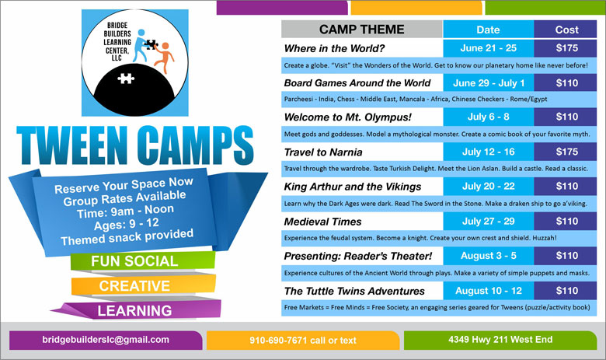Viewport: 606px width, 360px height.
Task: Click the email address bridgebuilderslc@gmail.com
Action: coord(106,340)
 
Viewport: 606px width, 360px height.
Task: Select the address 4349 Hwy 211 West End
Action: coord(500,340)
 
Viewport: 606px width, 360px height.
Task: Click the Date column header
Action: coord(488,30)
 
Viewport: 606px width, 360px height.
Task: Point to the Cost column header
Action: coord(566,30)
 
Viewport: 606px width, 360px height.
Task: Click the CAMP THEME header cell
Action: coord(362,30)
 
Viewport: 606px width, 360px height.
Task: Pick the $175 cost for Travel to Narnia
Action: coord(566,152)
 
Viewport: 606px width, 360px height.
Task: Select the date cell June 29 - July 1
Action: coord(489,82)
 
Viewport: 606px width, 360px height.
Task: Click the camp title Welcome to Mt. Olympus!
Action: coord(348,117)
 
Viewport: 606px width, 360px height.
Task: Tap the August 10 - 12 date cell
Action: coord(489,290)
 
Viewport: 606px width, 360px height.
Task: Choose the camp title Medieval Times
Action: coord(322,222)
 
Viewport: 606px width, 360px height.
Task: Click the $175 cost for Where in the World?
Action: coord(566,48)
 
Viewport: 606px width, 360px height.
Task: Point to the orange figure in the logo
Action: coord(164,58)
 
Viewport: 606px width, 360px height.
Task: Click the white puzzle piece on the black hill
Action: coord(126,78)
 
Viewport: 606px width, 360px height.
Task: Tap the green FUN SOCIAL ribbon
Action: coord(143,260)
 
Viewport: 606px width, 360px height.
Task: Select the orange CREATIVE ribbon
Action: coord(144,285)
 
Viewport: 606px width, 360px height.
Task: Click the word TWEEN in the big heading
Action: coord(72,145)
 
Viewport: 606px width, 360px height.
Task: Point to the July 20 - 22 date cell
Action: coord(489,186)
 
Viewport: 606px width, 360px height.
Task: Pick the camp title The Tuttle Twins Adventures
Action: coord(354,291)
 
